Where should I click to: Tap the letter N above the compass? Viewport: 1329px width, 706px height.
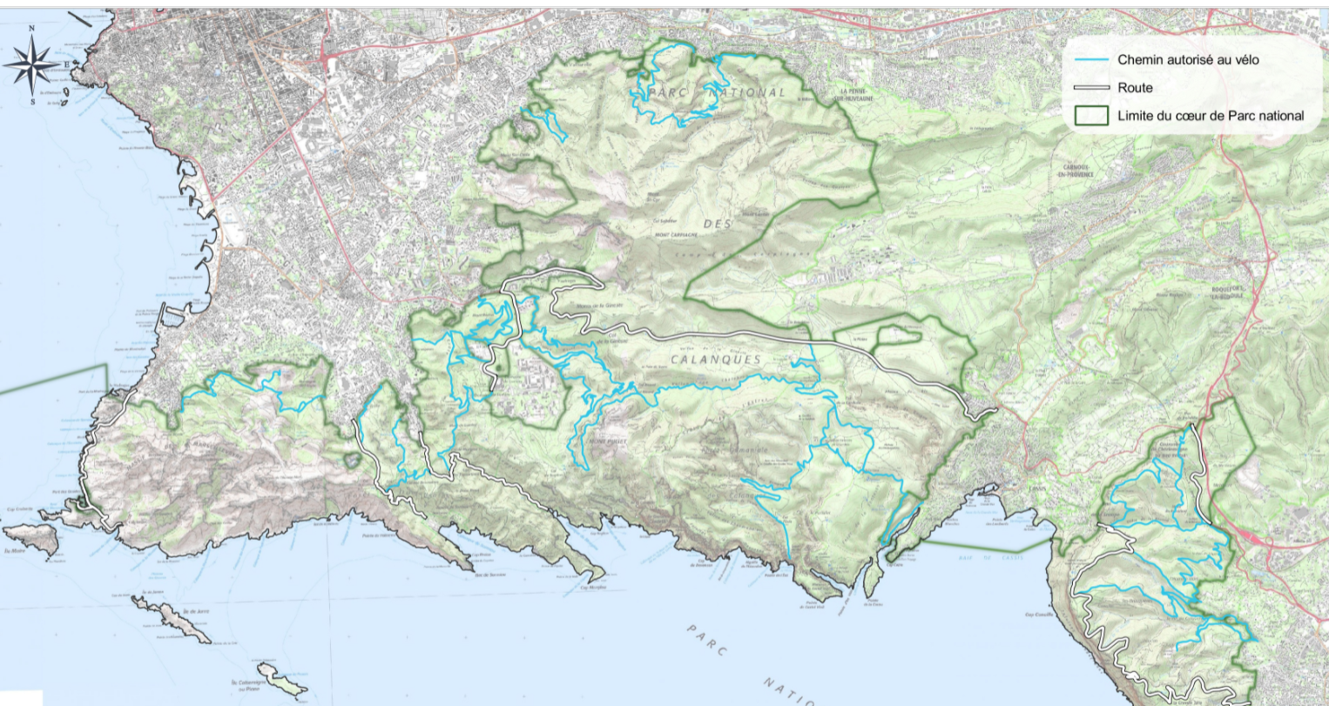[32, 29]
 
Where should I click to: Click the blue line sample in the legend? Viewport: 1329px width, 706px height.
[1091, 60]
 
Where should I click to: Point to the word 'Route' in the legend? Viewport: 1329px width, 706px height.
[1135, 88]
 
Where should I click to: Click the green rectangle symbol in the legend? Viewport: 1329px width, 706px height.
[1091, 116]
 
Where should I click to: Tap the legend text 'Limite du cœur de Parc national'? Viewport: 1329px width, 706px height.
[1211, 116]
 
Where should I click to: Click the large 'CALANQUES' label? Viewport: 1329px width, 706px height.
[716, 359]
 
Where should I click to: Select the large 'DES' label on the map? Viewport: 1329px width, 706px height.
[717, 224]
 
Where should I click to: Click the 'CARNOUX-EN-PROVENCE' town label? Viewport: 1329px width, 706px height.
[1076, 171]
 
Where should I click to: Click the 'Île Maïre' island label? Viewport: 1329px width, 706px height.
[16, 551]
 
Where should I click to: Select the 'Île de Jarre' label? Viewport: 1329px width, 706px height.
[199, 612]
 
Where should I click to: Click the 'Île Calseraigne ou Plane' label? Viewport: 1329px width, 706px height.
[253, 685]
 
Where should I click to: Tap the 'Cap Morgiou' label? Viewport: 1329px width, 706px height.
[592, 588]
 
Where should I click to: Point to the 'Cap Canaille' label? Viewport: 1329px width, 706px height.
[1040, 615]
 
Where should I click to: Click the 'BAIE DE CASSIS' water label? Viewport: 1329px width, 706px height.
[987, 558]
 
